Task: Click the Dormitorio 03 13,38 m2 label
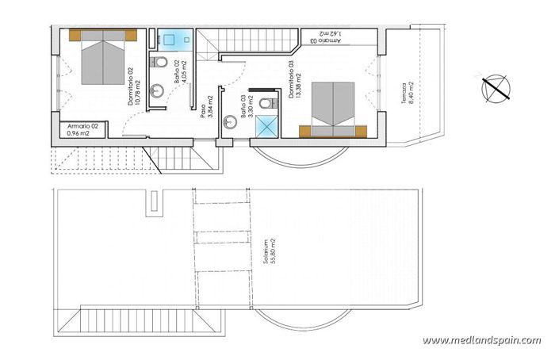click(x=297, y=80)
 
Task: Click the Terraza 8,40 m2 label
click(x=405, y=94)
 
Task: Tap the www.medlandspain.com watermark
click(x=482, y=340)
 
